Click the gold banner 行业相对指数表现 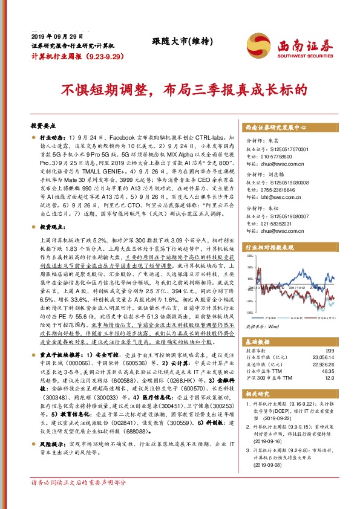tap(273, 247)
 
